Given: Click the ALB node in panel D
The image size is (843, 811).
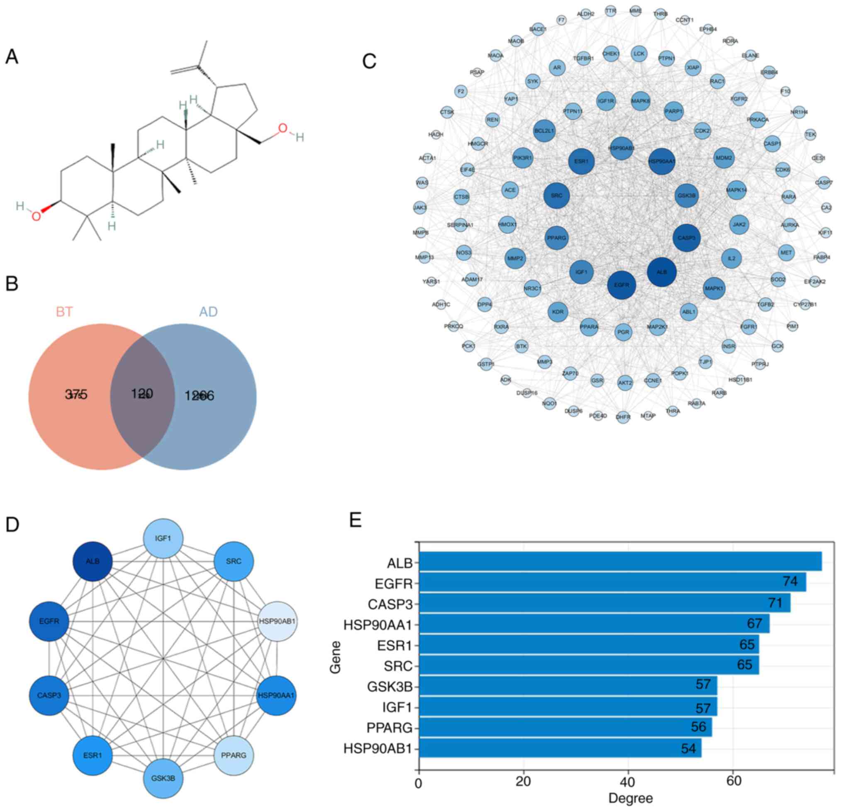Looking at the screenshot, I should [x=93, y=561].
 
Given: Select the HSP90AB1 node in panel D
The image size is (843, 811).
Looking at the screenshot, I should [x=277, y=621].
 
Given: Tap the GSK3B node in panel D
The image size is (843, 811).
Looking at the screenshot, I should [x=163, y=778].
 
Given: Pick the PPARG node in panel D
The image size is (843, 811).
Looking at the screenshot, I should [x=234, y=755].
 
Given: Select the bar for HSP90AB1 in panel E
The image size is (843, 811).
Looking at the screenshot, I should [x=560, y=749].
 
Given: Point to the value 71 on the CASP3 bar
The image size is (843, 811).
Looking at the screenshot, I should [x=775, y=603].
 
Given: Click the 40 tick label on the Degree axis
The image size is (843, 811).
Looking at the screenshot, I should [x=628, y=781].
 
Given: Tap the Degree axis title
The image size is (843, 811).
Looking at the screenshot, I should [x=630, y=799].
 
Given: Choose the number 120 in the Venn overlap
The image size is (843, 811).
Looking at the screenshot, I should [x=142, y=393].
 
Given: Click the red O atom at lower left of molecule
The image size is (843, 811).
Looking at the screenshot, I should [x=37, y=216].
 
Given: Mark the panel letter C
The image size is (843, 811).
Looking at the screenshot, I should [x=370, y=61].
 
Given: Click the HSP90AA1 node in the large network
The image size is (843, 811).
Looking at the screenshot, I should [x=661, y=162].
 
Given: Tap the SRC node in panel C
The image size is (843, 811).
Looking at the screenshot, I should [x=556, y=196].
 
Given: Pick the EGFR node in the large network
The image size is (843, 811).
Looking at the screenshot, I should [x=621, y=285].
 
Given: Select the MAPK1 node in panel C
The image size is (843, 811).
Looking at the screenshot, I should [x=714, y=289].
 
